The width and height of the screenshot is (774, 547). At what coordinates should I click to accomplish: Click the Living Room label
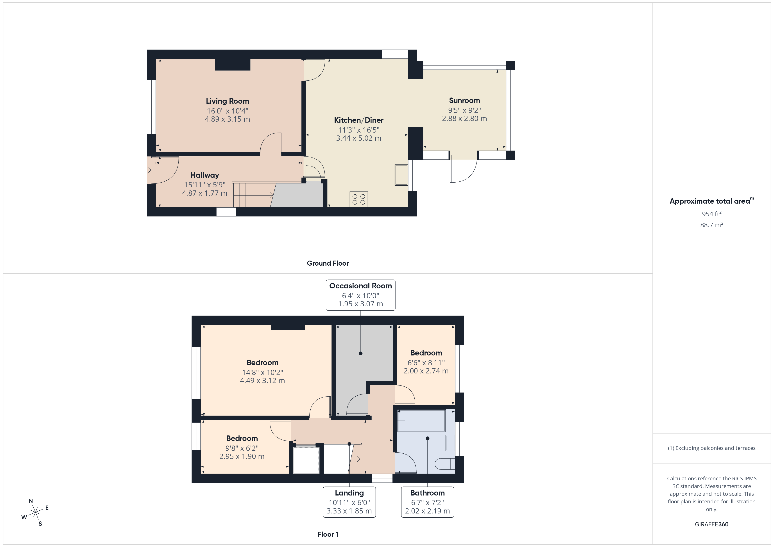(227, 101)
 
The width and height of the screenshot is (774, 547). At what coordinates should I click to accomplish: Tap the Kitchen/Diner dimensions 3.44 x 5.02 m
(358, 138)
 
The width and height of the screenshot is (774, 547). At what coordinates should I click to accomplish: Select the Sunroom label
(464, 100)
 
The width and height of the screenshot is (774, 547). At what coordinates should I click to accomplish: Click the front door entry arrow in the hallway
(148, 170)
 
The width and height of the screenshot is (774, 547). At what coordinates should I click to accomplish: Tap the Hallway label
(205, 175)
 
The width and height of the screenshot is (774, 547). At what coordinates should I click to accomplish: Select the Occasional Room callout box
(360, 295)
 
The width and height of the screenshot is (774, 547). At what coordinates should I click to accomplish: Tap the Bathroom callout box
(427, 502)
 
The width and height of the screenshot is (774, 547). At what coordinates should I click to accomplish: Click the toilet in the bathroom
(445, 464)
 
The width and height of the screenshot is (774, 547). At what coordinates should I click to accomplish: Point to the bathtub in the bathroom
(421, 420)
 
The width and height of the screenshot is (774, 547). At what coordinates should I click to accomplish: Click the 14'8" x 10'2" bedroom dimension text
(262, 372)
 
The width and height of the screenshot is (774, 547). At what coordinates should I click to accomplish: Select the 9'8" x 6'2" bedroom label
(242, 439)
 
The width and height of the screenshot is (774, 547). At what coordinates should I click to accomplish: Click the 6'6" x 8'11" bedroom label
(426, 353)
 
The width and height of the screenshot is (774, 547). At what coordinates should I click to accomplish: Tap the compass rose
(35, 513)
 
